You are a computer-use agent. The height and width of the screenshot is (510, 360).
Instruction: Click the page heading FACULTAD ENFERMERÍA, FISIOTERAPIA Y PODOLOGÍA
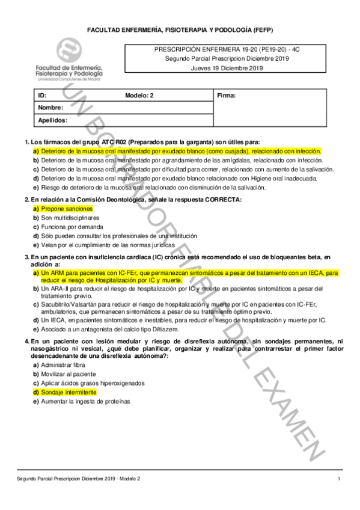(180, 29)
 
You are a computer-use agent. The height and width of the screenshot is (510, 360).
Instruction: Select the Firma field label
(227, 96)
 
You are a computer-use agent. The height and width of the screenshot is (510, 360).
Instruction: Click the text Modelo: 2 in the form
(139, 96)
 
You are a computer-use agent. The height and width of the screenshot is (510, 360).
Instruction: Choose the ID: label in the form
(42, 96)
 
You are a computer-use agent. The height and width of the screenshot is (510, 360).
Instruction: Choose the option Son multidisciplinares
(69, 217)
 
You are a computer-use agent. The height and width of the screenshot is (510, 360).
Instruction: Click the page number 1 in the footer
(339, 478)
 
